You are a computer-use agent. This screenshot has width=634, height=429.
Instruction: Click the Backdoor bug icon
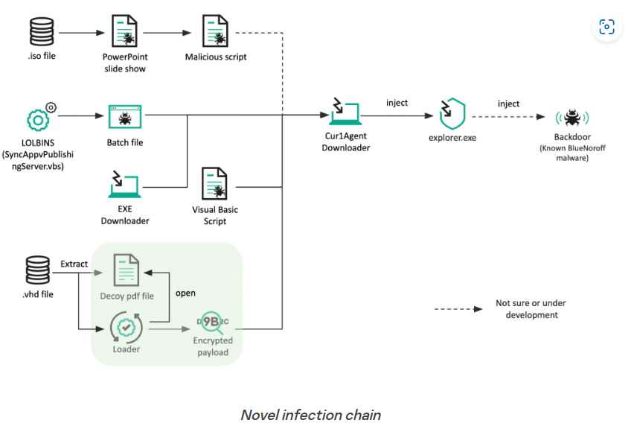tap(572, 118)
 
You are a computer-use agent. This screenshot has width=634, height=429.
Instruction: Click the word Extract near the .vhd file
tap(74, 264)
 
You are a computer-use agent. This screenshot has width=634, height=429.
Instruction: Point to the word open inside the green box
tap(185, 292)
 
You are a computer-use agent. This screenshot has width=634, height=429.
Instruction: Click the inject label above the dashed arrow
tap(508, 104)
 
